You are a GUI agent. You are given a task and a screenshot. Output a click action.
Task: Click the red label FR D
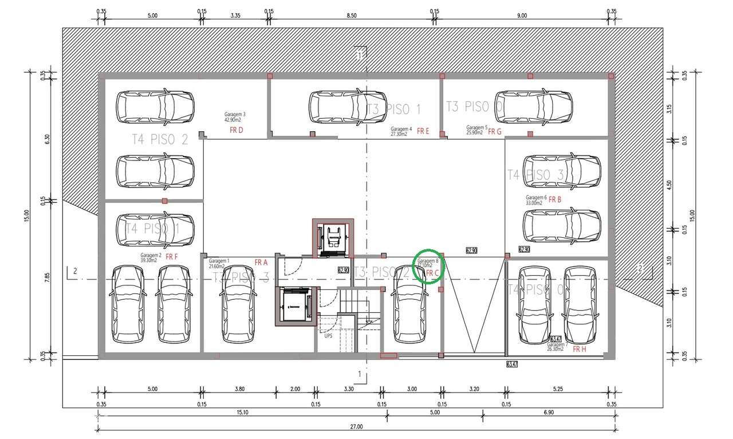237,130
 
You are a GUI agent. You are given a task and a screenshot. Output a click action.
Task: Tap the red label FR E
423,131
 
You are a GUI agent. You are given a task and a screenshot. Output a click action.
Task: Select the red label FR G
495,131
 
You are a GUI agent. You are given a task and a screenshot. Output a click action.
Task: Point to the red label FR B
555,200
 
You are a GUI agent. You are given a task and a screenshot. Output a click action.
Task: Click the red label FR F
172,257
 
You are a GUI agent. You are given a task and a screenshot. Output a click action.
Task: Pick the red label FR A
261,262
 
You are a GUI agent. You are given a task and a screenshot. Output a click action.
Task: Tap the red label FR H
580,349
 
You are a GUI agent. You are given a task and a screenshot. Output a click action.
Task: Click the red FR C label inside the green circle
432,273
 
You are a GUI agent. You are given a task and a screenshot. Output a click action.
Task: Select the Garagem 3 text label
235,114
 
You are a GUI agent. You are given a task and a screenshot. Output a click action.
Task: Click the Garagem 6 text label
537,197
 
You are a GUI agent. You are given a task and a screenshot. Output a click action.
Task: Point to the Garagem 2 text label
151,255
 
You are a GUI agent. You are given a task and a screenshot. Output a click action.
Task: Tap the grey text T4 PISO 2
160,139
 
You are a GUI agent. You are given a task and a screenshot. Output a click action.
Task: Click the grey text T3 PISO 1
393,109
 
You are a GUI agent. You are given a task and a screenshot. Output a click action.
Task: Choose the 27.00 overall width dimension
356,426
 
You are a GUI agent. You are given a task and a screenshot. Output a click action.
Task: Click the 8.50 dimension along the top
352,15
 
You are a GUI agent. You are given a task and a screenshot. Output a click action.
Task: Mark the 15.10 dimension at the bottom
242,412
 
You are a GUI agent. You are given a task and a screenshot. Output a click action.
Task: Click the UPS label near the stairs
328,336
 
